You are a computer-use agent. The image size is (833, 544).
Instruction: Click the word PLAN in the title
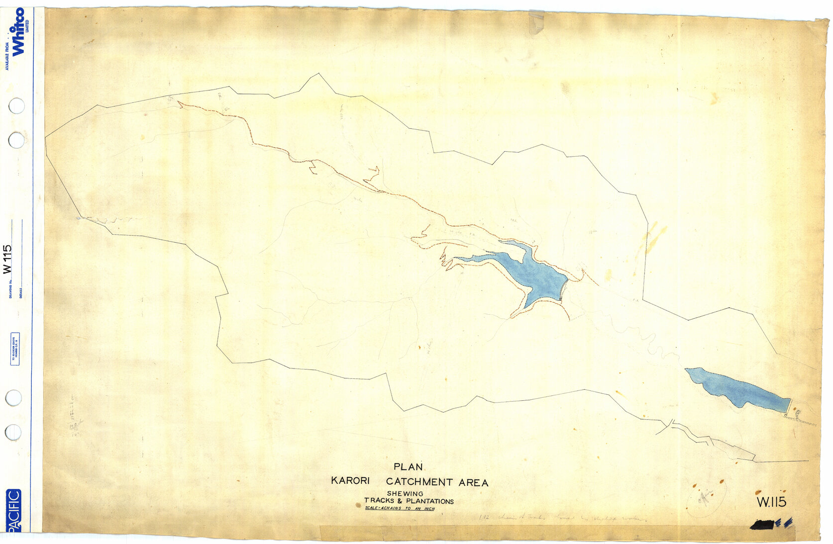408,467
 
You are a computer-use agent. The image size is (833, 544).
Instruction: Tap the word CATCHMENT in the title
419,482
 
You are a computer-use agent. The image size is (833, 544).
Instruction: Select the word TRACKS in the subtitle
379,501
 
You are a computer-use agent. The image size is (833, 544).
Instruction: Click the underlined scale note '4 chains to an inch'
400,509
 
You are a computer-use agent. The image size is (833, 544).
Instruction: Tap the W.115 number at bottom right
771,502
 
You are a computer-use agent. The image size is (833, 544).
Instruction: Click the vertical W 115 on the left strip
7,259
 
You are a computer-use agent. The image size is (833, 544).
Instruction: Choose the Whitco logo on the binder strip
18,31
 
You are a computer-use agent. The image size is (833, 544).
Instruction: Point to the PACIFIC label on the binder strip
13,510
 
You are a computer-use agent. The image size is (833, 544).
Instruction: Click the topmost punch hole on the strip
16,105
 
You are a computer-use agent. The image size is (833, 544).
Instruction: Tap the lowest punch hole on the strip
13,432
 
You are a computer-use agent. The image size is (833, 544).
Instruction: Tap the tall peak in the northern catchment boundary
317,75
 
